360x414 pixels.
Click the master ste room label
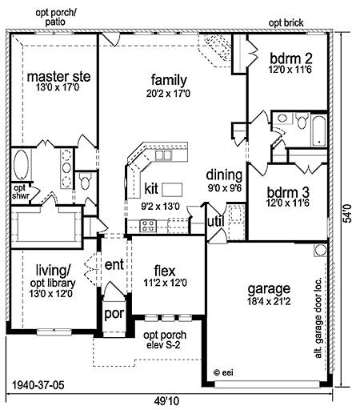58,77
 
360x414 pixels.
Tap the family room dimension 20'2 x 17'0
168,94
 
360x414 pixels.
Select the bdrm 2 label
290,58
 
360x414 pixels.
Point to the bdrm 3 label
288,192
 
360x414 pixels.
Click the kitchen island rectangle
172,190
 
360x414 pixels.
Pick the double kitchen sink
163,155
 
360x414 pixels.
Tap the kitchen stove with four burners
148,226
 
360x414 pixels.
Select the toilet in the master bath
86,181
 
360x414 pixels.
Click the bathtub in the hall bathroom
319,131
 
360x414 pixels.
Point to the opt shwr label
20,191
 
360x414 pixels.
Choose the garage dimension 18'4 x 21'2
269,301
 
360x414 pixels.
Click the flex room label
165,271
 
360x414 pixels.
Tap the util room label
216,221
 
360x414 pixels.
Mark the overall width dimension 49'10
166,401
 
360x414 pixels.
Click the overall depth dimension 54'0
347,213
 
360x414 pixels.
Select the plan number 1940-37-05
38,385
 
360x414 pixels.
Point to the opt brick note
286,23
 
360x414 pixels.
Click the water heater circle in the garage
320,250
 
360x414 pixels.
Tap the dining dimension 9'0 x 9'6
225,188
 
